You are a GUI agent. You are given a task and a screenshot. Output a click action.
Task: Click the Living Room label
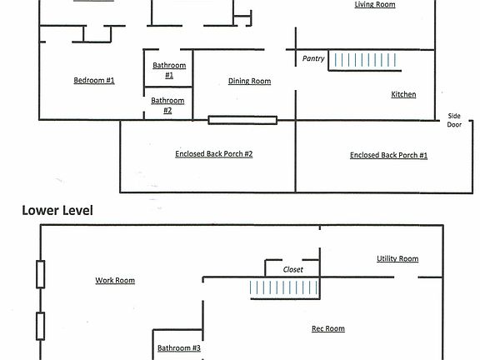pyautogui.click(x=375, y=5)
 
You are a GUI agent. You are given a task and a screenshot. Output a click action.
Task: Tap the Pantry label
pyautogui.click(x=313, y=58)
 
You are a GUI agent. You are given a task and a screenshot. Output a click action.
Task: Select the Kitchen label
pyautogui.click(x=403, y=95)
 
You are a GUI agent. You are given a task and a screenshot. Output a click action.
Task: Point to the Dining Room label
pyautogui.click(x=250, y=82)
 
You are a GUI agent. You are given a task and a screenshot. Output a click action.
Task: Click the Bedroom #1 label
pyautogui.click(x=94, y=81)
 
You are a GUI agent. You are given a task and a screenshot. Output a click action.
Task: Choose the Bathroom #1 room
pyautogui.click(x=169, y=70)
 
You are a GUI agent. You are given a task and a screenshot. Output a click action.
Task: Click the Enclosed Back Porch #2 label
pyautogui.click(x=214, y=154)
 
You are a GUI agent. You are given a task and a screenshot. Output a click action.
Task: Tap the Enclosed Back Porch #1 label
pyautogui.click(x=388, y=155)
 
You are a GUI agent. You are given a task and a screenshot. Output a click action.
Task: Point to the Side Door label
pyautogui.click(x=454, y=120)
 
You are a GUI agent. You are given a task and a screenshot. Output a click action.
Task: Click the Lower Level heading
pyautogui.click(x=57, y=212)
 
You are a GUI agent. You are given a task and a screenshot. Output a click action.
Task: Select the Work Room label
pyautogui.click(x=115, y=281)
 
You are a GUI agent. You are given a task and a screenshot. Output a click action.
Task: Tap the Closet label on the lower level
pyautogui.click(x=293, y=270)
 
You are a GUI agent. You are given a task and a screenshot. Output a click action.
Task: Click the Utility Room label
pyautogui.click(x=397, y=259)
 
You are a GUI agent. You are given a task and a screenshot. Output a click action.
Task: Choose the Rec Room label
pyautogui.click(x=328, y=329)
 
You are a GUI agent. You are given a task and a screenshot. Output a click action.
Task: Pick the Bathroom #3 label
pyautogui.click(x=179, y=348)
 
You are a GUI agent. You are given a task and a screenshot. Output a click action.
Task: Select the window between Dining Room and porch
pyautogui.click(x=242, y=120)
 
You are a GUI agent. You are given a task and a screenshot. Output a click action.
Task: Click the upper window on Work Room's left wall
pyautogui.click(x=40, y=273)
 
